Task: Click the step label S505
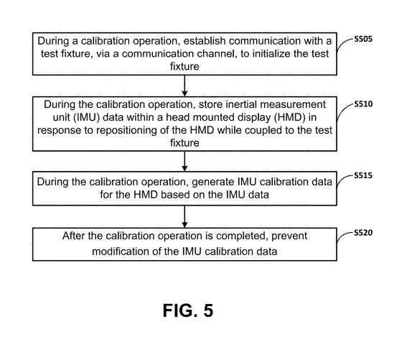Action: point(363,40)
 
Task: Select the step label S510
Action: point(363,104)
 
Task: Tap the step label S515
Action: point(363,175)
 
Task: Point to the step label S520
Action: point(363,233)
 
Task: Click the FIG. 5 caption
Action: point(188,310)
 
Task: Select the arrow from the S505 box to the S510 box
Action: point(184,86)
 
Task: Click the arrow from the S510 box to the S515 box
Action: point(184,161)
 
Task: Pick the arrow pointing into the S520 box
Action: point(184,216)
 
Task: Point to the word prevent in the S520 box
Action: point(289,236)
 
